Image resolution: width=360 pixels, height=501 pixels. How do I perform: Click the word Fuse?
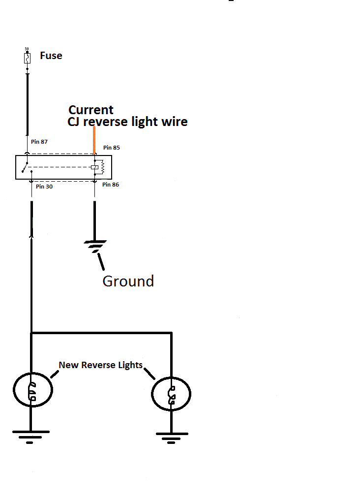[51, 56]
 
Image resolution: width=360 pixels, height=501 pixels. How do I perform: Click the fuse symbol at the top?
[28, 59]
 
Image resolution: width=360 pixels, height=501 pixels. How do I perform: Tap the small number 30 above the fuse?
[27, 50]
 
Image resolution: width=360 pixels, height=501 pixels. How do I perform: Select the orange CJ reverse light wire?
[94, 140]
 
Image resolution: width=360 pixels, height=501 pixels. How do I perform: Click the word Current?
[91, 110]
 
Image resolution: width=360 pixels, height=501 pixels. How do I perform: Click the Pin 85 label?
[112, 148]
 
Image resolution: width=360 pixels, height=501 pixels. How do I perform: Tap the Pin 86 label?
[111, 185]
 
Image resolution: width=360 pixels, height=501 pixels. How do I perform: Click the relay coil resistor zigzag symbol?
[102, 167]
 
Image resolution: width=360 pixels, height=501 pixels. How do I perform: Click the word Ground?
[128, 281]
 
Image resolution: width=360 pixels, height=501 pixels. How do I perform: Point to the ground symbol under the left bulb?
[30, 436]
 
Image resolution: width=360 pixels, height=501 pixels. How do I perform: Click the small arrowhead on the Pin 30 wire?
[32, 236]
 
